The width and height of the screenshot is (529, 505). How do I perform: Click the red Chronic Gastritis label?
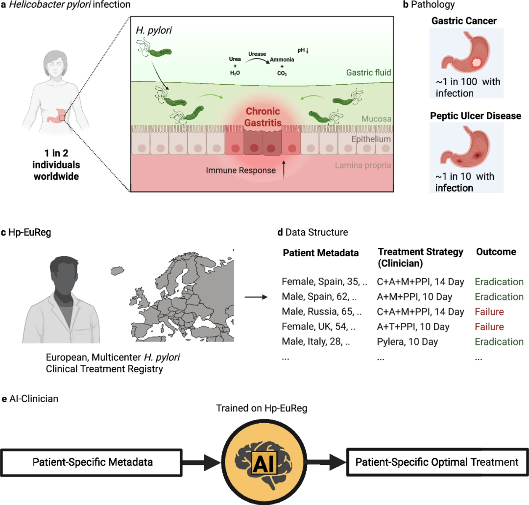(264, 117)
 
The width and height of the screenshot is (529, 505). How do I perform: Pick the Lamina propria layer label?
(362, 165)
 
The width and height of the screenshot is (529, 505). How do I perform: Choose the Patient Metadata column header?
(321, 253)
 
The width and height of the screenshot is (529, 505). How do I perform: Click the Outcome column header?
(496, 252)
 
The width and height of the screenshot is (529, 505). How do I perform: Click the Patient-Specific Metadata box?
(93, 462)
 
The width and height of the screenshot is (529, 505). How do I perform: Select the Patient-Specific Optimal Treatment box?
(436, 462)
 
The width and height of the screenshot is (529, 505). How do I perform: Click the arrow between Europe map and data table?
(255, 297)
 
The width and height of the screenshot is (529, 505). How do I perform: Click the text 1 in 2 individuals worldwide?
(56, 164)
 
